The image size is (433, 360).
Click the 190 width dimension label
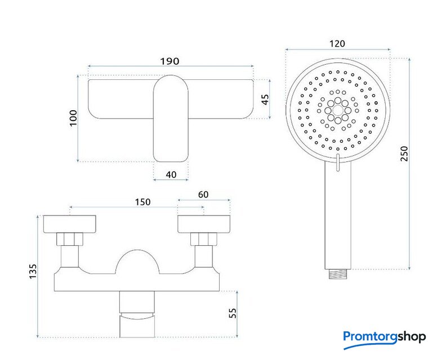(169, 61)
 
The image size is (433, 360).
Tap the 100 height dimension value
(73, 118)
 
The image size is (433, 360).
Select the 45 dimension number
(265, 100)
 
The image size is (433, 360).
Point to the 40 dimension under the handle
(171, 174)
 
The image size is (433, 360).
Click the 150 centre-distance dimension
(143, 202)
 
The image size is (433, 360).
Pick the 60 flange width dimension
(203, 195)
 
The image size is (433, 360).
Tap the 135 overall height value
(33, 272)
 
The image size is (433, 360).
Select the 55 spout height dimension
(233, 313)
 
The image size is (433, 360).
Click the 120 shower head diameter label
(337, 43)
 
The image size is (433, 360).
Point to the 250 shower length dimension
(404, 154)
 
